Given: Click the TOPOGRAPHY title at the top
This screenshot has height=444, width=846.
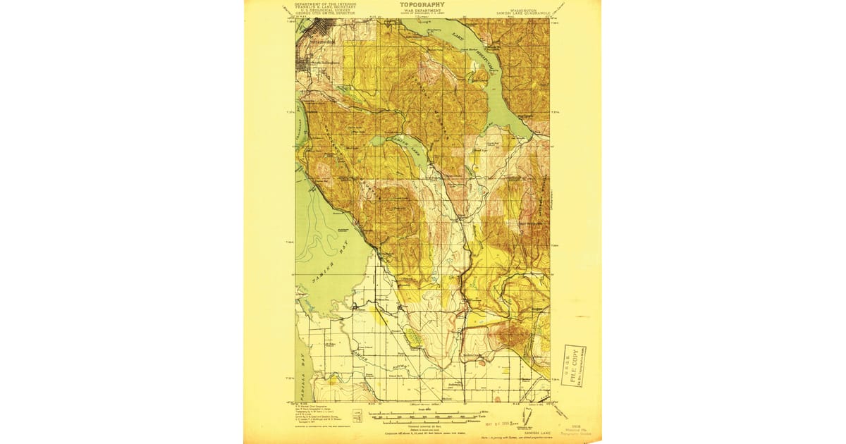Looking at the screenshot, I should (x=422, y=4).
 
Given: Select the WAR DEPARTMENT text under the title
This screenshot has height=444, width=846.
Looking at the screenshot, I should (x=422, y=11).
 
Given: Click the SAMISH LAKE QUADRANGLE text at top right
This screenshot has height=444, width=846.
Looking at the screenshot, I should (x=522, y=13).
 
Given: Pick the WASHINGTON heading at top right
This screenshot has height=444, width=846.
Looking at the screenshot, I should (x=522, y=8).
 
